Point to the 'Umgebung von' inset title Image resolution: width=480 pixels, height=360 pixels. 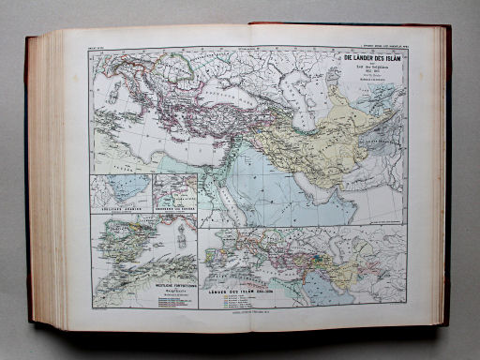tap(176, 205)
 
